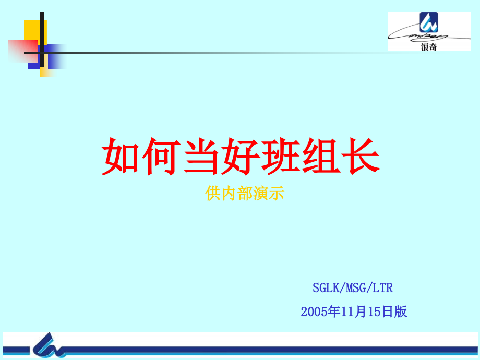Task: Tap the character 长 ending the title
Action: click(x=360, y=156)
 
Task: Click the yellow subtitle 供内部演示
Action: click(x=245, y=194)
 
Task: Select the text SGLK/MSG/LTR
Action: click(x=353, y=287)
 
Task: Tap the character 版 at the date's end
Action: click(x=401, y=312)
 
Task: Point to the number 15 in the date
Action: click(x=375, y=312)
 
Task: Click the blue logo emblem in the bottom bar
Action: click(x=50, y=346)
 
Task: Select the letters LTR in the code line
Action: click(x=383, y=287)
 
